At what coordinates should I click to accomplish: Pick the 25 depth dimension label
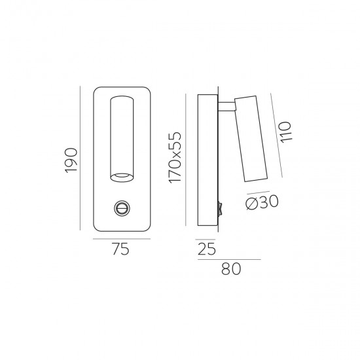pyautogui.click(x=206, y=248)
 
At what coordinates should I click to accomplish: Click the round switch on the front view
pyautogui.click(x=121, y=208)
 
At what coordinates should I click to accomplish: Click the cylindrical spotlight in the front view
pyautogui.click(x=121, y=137)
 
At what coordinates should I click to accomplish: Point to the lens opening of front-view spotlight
pyautogui.click(x=121, y=175)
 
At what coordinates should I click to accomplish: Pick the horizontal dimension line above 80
pyautogui.click(x=228, y=259)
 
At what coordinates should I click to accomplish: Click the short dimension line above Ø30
pyautogui.click(x=259, y=193)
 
